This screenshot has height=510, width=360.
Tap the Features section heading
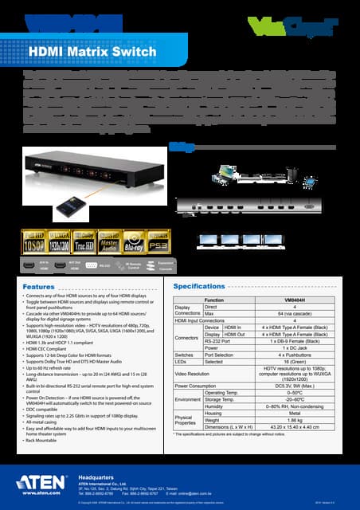point(39,286)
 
